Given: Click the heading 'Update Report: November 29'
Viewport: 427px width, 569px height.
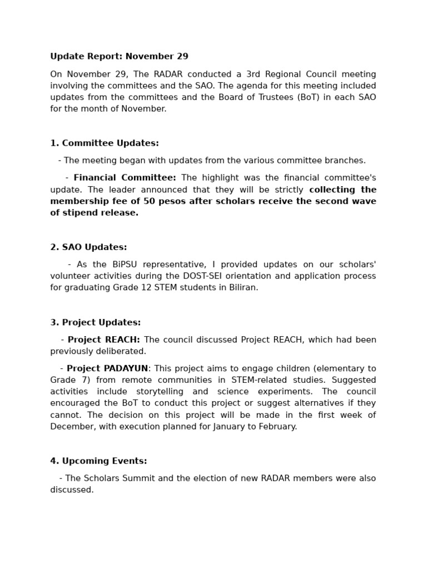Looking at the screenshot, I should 119,57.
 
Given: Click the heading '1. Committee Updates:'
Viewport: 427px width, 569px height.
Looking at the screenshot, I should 105,143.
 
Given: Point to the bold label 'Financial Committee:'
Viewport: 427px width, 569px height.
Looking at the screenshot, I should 125,178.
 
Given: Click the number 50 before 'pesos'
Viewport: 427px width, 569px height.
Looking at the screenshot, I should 149,201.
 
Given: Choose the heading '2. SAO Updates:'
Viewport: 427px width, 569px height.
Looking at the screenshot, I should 88,247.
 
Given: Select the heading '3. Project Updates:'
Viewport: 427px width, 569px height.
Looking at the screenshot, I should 96,322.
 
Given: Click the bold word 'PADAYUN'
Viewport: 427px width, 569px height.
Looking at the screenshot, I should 126,368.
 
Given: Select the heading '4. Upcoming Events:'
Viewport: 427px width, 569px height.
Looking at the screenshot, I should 98,461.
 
